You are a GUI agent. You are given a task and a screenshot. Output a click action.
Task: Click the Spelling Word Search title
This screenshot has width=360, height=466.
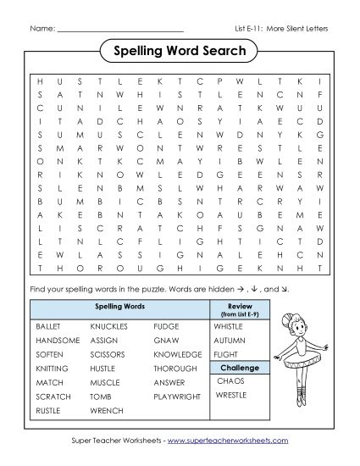pos(179,52)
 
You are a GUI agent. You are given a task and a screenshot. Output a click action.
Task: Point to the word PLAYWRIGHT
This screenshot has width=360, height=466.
pos(177,397)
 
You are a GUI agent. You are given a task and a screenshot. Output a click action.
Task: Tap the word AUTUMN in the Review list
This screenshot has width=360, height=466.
pos(229,340)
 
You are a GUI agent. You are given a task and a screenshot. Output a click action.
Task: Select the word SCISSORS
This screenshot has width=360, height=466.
pos(109,354)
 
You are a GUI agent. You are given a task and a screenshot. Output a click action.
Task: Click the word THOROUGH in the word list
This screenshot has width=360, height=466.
pos(174,369)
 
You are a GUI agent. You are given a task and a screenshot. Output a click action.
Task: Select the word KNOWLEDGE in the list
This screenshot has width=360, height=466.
pos(178,354)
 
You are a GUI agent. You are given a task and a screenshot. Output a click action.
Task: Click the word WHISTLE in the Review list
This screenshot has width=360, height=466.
pos(228,325)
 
